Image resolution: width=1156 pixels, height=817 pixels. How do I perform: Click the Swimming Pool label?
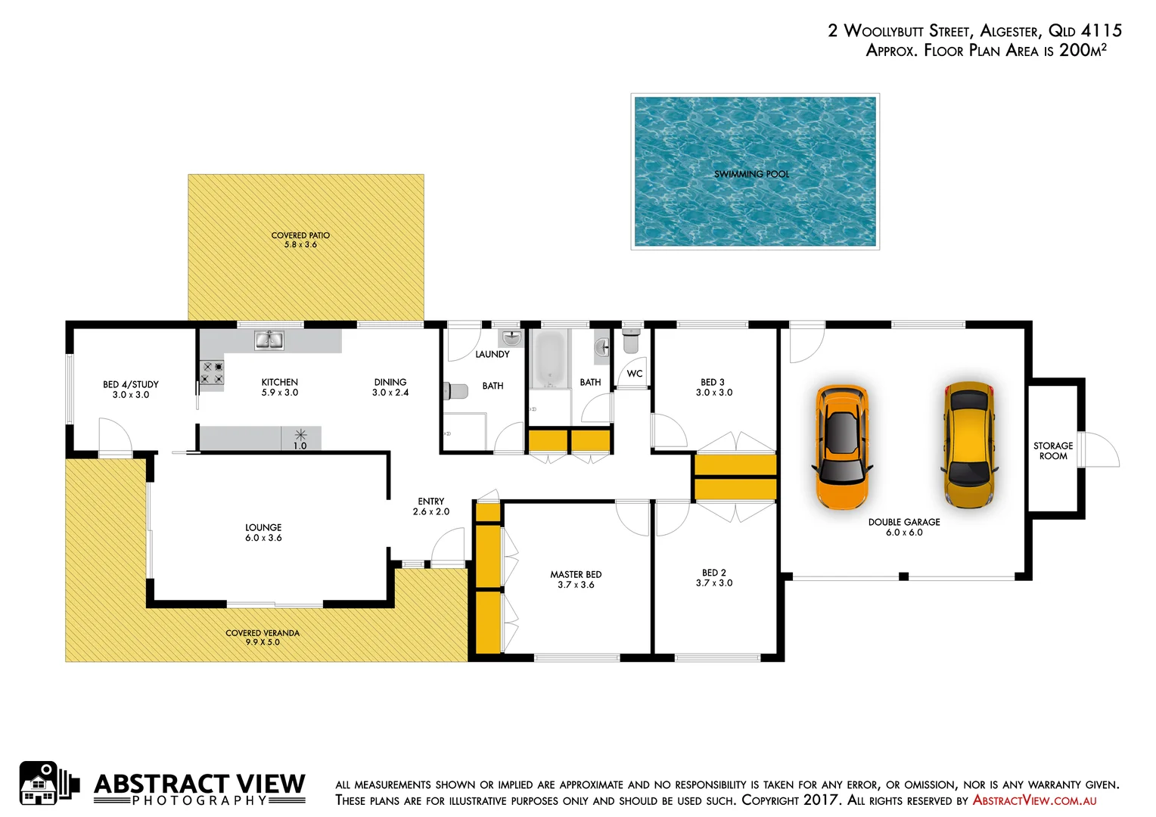pyautogui.click(x=751, y=174)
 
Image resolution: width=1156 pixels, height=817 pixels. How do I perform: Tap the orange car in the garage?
pyautogui.click(x=841, y=446)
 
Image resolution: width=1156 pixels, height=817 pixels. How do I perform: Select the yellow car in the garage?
pyautogui.click(x=969, y=444)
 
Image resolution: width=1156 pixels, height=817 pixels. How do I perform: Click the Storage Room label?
pyautogui.click(x=1053, y=451)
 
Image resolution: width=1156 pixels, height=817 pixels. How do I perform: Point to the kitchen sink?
pyautogui.click(x=269, y=340)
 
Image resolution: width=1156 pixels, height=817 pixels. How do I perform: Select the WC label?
pyautogui.click(x=635, y=374)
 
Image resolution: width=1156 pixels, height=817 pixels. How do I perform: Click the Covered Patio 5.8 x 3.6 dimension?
pyautogui.click(x=300, y=245)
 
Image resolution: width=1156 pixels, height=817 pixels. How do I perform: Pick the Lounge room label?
pyautogui.click(x=263, y=527)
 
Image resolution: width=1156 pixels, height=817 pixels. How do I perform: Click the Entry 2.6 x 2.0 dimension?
pyautogui.click(x=431, y=512)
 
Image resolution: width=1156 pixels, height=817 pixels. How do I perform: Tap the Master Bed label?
pyautogui.click(x=576, y=575)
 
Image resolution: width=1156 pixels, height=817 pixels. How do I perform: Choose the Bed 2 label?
pyautogui.click(x=713, y=573)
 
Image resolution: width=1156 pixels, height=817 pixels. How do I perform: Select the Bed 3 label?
pyautogui.click(x=713, y=382)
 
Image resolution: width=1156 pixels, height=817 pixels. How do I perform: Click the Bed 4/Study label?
pyautogui.click(x=131, y=384)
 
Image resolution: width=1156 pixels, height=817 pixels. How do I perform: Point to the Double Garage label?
pyautogui.click(x=904, y=522)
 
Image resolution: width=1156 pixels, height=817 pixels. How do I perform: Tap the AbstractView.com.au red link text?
pyautogui.click(x=1034, y=800)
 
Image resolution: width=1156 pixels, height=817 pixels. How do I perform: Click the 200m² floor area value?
pyautogui.click(x=1083, y=50)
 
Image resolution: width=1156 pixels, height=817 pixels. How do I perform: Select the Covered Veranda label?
pyautogui.click(x=263, y=633)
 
